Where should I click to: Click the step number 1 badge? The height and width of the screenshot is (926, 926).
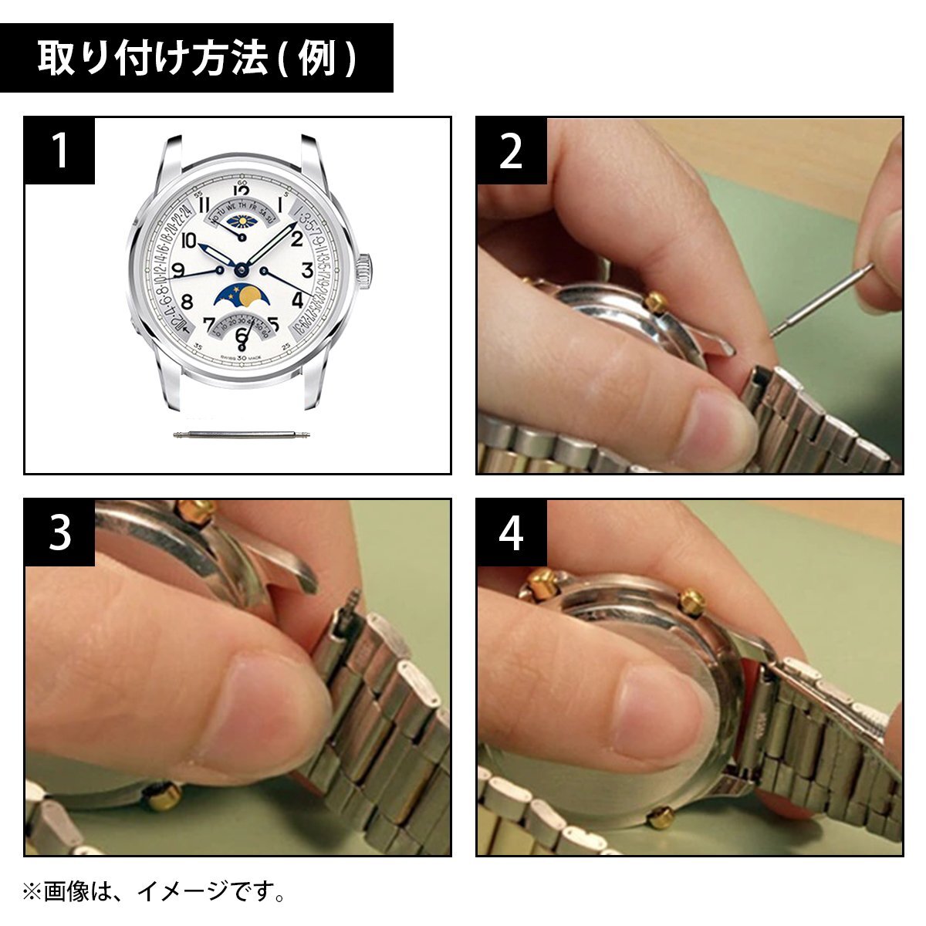pyautogui.click(x=59, y=150)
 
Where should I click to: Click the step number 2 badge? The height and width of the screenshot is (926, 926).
pyautogui.click(x=511, y=150)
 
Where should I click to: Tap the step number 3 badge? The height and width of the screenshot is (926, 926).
pyautogui.click(x=59, y=532)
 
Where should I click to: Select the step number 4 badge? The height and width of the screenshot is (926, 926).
pyautogui.click(x=511, y=532)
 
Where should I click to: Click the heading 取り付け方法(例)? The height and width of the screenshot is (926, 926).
pyautogui.click(x=197, y=59)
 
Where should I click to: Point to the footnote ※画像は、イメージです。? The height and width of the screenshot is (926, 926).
pyautogui.click(x=154, y=893)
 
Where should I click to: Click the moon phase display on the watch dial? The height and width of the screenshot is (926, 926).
pyautogui.click(x=240, y=296)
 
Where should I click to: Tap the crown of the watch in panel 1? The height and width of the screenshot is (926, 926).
pyautogui.click(x=364, y=270)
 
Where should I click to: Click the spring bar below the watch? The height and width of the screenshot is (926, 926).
pyautogui.click(x=242, y=436)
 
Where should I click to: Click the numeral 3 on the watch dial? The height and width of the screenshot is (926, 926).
pyautogui.click(x=307, y=270)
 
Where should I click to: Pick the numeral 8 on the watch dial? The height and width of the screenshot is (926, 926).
pyautogui.click(x=186, y=301)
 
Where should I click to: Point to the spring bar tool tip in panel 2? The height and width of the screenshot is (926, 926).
pyautogui.click(x=775, y=333)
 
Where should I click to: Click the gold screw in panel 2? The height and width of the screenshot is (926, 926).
pyautogui.click(x=657, y=301)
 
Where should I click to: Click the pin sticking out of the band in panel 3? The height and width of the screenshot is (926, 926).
pyautogui.click(x=353, y=598)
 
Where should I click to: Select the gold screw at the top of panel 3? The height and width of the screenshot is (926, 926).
pyautogui.click(x=196, y=510)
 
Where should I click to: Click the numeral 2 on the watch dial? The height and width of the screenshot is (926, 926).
pyautogui.click(x=296, y=238)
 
